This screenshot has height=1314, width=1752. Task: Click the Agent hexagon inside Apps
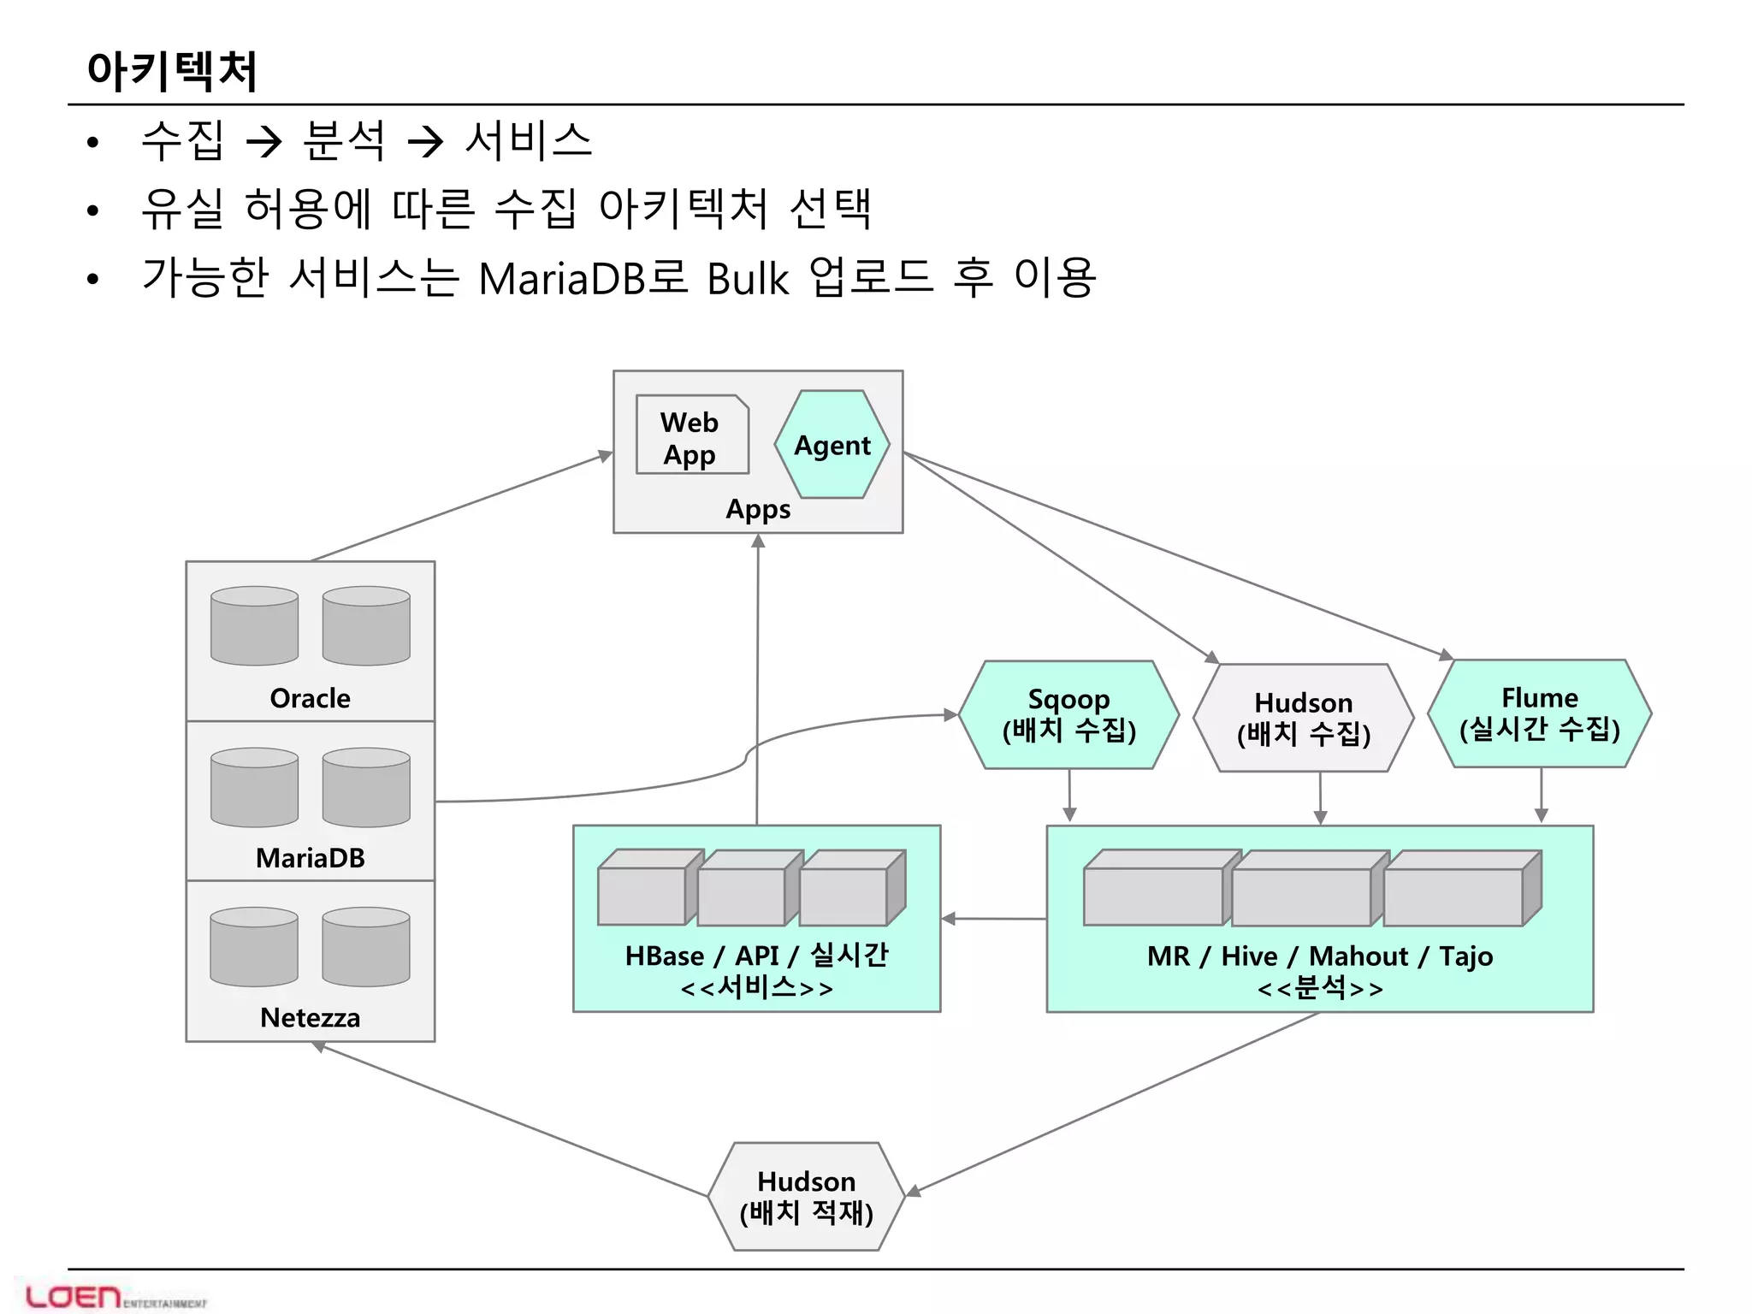click(832, 445)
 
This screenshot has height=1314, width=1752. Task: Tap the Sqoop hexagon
click(1068, 714)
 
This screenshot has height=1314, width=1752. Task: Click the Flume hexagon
click(1539, 713)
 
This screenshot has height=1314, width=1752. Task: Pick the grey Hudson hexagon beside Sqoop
click(1303, 718)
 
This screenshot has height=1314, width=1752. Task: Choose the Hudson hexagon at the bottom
click(806, 1196)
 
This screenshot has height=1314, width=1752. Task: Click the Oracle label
click(310, 698)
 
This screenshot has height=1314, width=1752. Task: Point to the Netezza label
click(310, 1017)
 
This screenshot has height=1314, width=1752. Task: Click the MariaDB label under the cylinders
click(310, 857)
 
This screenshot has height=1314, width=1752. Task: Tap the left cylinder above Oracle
click(254, 625)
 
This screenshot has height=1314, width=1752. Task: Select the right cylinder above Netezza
click(366, 946)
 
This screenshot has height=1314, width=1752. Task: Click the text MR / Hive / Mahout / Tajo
click(1319, 956)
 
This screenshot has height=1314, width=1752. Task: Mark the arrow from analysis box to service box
click(992, 919)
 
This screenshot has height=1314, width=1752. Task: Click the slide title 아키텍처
click(172, 70)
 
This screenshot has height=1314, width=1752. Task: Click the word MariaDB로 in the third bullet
click(582, 278)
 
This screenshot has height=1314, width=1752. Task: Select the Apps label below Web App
click(758, 509)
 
